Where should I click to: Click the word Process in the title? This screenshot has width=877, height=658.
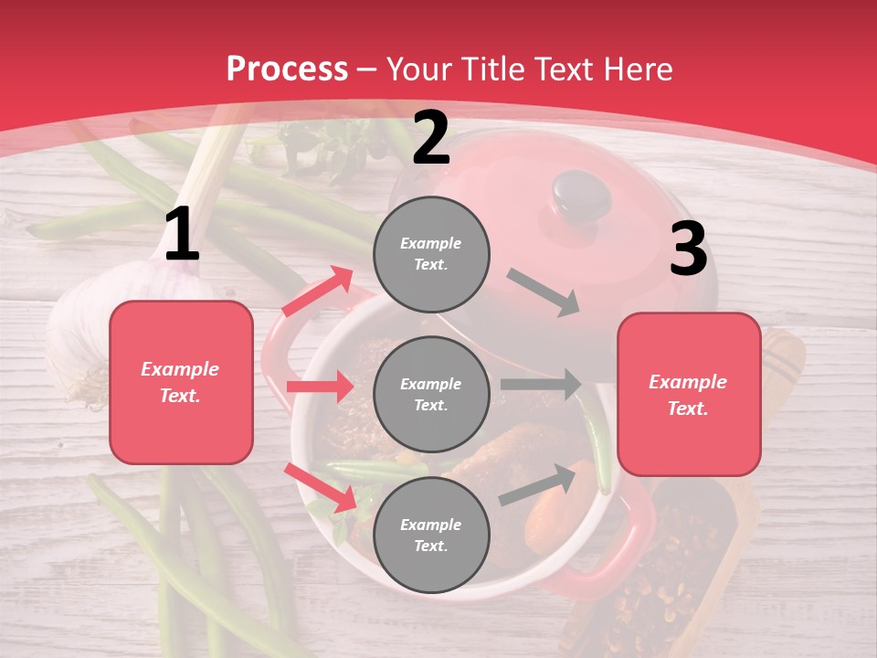point(287,69)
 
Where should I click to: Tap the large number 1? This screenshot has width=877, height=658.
point(182,235)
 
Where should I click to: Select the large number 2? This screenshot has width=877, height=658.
point(431,138)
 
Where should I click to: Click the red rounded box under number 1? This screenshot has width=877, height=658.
point(181,382)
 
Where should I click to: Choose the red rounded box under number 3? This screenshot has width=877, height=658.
point(689,395)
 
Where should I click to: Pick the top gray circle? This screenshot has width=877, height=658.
point(431,254)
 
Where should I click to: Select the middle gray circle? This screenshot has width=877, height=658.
point(431,394)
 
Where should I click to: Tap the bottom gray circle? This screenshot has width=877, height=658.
point(431,535)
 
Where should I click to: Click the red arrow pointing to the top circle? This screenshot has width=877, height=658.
point(318,292)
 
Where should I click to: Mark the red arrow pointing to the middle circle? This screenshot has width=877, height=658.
point(320,387)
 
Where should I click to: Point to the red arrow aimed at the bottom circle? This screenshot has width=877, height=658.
point(321,486)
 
